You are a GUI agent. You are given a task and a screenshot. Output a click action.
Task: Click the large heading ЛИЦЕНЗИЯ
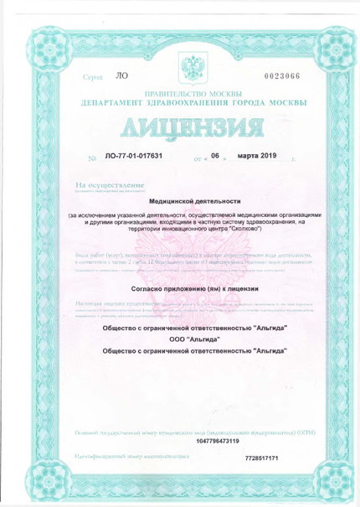coord(181,131)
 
